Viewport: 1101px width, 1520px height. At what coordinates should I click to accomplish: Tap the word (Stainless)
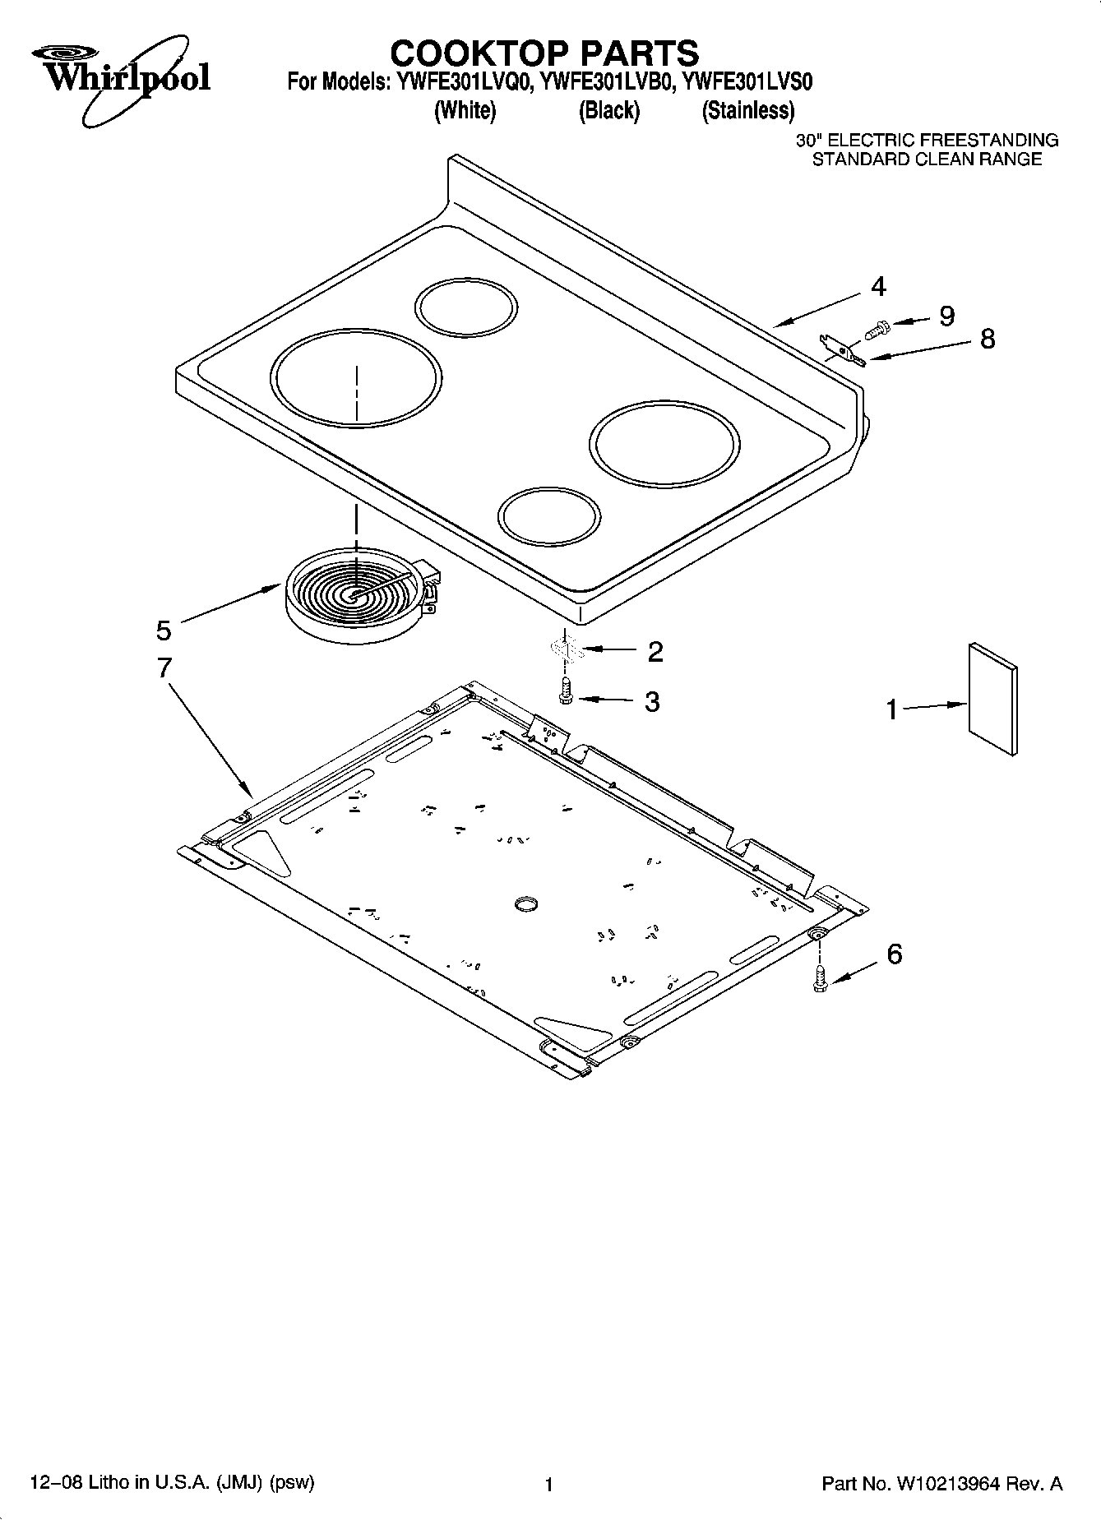point(747,111)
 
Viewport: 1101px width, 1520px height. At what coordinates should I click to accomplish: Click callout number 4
point(878,287)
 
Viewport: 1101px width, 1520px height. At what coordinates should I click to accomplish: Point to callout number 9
point(946,316)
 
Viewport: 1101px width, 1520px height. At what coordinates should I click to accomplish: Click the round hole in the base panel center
point(525,904)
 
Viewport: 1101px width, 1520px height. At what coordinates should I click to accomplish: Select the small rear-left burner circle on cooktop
point(466,309)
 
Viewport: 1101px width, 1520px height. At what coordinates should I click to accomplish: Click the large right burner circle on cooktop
point(664,445)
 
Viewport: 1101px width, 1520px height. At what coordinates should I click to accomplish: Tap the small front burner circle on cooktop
point(548,517)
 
